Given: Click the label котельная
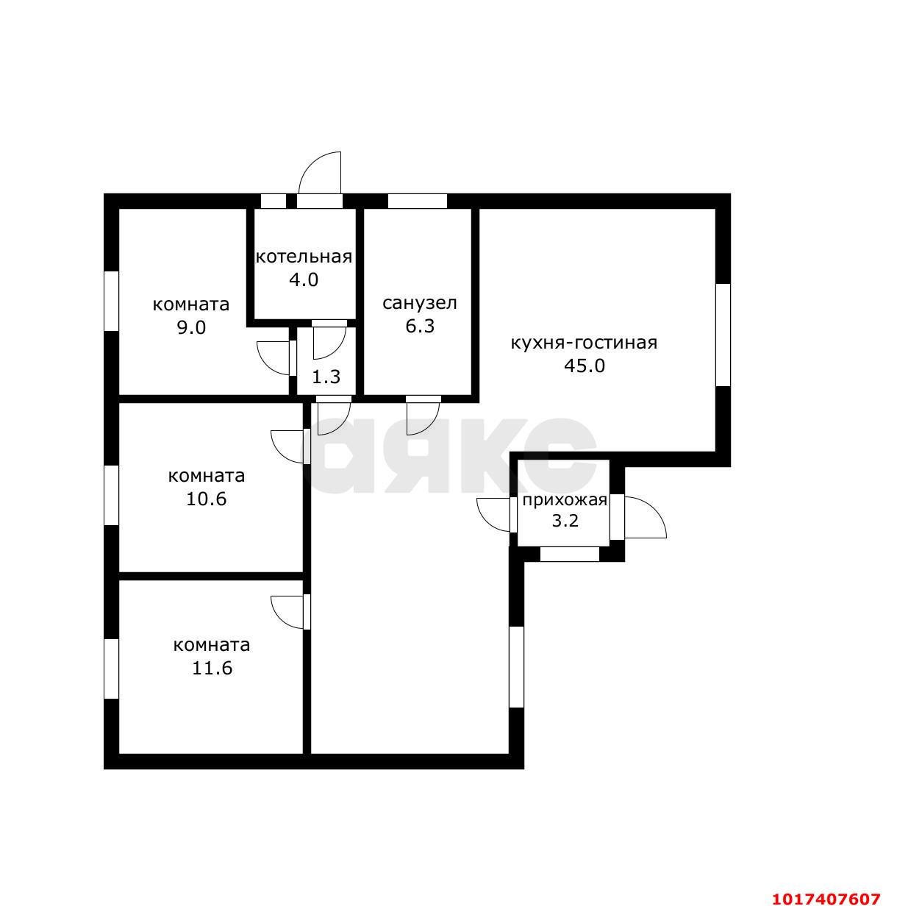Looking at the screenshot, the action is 304,257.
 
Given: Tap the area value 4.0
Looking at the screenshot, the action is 304,280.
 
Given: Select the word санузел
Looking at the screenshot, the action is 420,303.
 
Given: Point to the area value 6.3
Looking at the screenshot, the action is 420,327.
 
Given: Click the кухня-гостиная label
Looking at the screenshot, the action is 584,343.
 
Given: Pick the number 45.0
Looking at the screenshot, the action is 584,366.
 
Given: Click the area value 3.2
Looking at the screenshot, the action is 565,521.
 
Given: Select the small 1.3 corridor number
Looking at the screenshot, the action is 326,377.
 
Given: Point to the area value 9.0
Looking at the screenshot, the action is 191,328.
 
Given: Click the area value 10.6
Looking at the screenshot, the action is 207,499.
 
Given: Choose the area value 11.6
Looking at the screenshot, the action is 212,669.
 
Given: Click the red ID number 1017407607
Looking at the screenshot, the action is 826,898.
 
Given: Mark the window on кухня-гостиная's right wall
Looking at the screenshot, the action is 723,335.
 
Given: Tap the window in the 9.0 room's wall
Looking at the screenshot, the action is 111,301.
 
